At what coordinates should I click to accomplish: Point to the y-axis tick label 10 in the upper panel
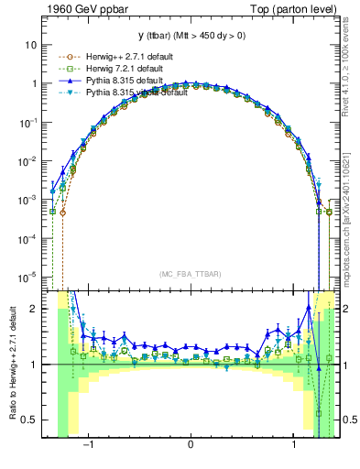(31, 45)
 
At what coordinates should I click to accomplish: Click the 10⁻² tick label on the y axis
(27, 161)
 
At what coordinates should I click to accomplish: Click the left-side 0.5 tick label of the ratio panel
(29, 420)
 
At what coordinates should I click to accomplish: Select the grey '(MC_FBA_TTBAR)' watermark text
(191, 274)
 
